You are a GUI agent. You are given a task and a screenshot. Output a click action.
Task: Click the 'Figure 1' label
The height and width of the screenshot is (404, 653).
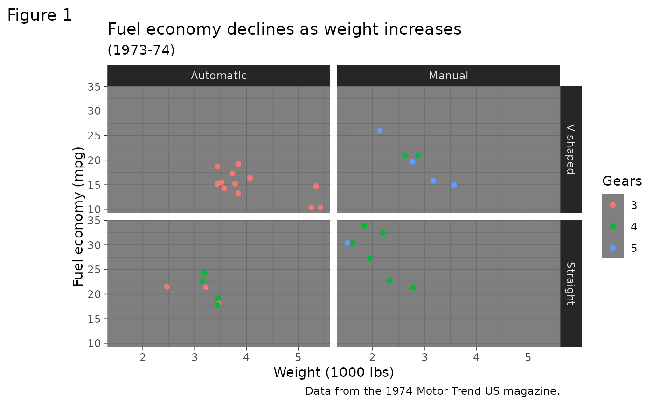point(40,15)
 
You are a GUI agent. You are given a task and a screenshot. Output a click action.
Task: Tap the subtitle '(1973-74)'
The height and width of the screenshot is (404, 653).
point(141,50)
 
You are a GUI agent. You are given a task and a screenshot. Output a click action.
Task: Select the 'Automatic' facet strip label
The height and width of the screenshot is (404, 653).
point(219,76)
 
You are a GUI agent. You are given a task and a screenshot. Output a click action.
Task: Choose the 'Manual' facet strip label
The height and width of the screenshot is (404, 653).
point(448,76)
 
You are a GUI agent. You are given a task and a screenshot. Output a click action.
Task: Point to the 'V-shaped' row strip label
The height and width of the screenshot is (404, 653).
point(570,149)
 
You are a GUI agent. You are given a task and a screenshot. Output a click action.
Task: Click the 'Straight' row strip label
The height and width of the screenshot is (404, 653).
point(570,283)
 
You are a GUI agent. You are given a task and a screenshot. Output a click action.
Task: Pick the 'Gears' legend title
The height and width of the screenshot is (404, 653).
point(622,181)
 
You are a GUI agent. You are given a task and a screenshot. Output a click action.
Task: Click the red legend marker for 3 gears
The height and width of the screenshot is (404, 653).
point(613,205)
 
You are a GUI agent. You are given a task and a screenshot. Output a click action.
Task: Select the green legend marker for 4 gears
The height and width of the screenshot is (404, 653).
point(613,226)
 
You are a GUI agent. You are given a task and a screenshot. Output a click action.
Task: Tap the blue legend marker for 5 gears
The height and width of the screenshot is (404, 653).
point(613,248)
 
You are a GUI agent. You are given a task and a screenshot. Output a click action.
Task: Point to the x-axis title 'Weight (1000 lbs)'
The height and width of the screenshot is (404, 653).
point(333,372)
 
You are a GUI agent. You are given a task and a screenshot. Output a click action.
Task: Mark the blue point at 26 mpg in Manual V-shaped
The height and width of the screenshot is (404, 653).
point(380,131)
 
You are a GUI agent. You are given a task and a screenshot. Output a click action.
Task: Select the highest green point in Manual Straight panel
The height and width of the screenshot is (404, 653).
point(364,226)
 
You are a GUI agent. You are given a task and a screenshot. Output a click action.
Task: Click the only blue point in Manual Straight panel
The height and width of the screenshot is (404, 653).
point(347,243)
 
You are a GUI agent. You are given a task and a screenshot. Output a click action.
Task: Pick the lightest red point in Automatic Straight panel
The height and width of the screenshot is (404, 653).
point(167,287)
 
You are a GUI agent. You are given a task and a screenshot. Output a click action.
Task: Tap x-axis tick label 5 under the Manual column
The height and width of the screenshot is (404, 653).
point(528,357)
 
